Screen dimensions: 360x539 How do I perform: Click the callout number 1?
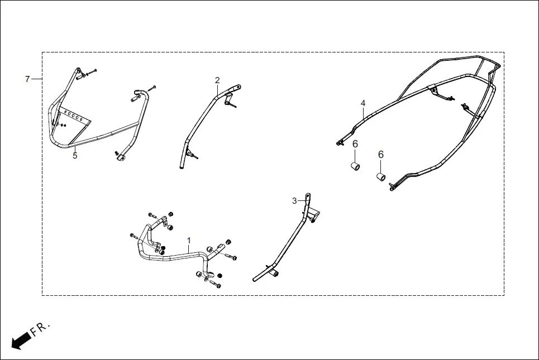pos(189,241)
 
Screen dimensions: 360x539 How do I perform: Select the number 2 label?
pos(217,80)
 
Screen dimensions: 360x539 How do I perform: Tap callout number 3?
pos(294,201)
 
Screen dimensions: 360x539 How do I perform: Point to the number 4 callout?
pos(363,103)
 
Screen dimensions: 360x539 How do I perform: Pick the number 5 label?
pos(75,156)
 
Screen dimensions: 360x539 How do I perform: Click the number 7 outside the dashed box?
pos(27,79)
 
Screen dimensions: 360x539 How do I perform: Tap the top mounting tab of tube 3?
pos(307,196)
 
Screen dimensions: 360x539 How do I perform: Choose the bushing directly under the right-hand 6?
pos(380,177)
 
